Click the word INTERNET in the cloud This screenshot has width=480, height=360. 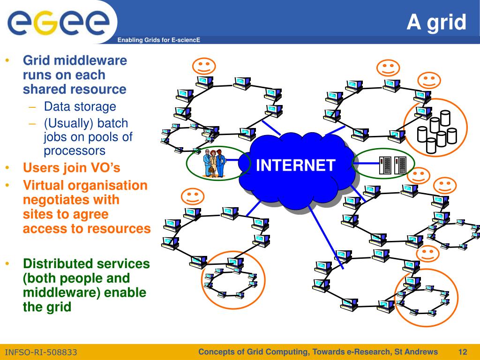coord(296,165)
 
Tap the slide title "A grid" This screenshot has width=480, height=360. coord(436,22)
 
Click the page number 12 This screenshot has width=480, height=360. coord(463,352)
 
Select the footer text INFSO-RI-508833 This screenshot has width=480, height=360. coord(41,352)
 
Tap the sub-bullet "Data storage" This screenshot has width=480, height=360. coord(80,106)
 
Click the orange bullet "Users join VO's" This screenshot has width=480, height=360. coord(72,168)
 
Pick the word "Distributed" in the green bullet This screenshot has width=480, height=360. coord(57,263)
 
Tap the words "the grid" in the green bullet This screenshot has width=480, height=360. coord(47,307)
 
